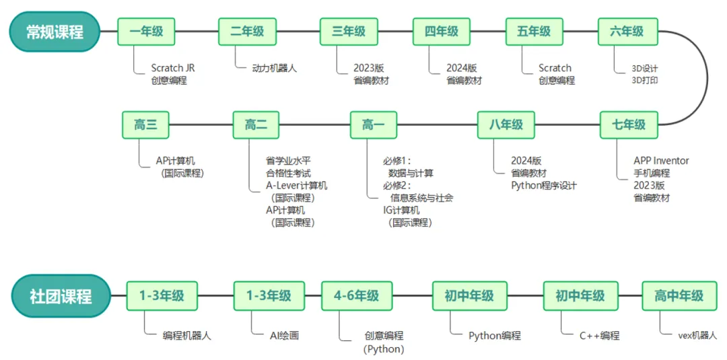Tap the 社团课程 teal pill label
(x=61, y=296)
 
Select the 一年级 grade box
(x=146, y=32)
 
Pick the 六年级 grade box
(x=627, y=32)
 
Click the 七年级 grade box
(x=629, y=124)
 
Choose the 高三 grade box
(x=145, y=124)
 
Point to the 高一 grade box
(x=373, y=124)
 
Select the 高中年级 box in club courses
(x=679, y=295)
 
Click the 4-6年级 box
(x=355, y=295)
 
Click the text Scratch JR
(x=173, y=68)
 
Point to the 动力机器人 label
(x=274, y=68)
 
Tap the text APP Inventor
(x=661, y=161)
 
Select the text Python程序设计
(x=543, y=186)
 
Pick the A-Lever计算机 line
(x=296, y=186)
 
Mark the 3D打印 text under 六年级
(x=644, y=81)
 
